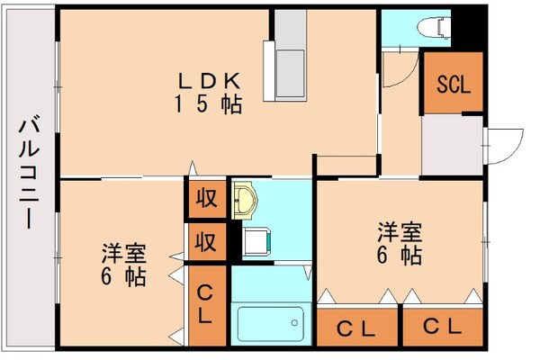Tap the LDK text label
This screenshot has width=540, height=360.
coord(207,77)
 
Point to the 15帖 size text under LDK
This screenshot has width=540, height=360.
coord(207,104)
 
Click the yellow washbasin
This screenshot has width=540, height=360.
coord(244,201)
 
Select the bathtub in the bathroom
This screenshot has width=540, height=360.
coord(270,320)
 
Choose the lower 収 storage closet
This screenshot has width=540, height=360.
coord(205,241)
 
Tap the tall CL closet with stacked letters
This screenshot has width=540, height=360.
coord(206,302)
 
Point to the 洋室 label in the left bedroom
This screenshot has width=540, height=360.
coord(123,253)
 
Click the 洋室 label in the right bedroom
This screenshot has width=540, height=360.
coord(399,231)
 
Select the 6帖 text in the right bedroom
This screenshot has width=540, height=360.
coord(399,256)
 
